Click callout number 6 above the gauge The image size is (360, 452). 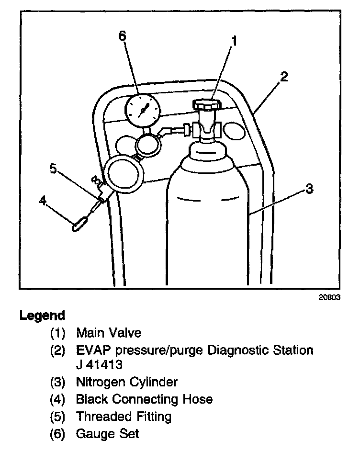pos(123,36)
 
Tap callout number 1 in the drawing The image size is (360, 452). pos(234,42)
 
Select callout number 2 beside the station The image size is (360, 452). pos(284,77)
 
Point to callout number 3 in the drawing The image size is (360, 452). pos(309,189)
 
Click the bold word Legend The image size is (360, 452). pos(42,316)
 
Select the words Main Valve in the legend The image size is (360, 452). pos(109,332)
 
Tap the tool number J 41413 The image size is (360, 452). pos(100,365)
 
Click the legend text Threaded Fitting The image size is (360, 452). pos(124,416)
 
